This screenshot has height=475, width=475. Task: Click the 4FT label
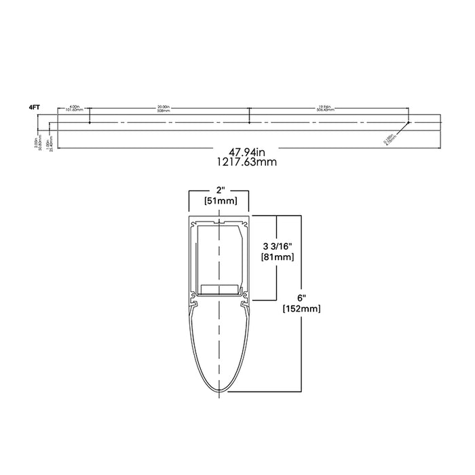[x=33, y=107]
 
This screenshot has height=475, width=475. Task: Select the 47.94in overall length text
[x=237, y=153]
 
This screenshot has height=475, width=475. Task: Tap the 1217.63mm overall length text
[x=237, y=163]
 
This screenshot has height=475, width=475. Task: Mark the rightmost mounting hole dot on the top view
[x=408, y=123]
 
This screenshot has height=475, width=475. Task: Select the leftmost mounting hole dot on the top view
[x=90, y=123]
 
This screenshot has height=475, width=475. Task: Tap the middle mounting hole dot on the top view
[x=250, y=123]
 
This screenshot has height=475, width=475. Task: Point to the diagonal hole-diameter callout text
[x=387, y=138]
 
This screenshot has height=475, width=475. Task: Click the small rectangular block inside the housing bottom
[x=221, y=290]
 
